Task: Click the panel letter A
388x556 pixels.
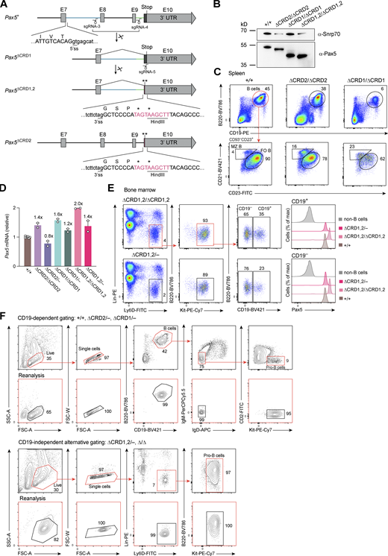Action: click(x=5, y=5)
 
